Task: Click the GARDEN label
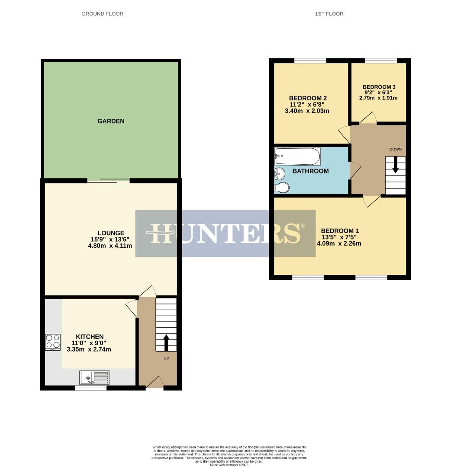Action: [111, 122]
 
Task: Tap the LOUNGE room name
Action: [111, 233]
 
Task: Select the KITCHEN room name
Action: [90, 337]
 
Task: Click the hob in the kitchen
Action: [52, 342]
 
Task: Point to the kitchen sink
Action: [94, 377]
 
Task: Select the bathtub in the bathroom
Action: [297, 155]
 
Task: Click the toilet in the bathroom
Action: [282, 188]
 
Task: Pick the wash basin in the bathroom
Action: [279, 174]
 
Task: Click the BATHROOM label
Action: [310, 171]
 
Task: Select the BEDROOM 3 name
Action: [379, 87]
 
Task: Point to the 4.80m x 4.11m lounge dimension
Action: [110, 246]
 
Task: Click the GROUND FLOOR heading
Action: [102, 14]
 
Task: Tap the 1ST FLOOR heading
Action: [329, 14]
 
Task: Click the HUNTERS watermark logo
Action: [225, 233]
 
